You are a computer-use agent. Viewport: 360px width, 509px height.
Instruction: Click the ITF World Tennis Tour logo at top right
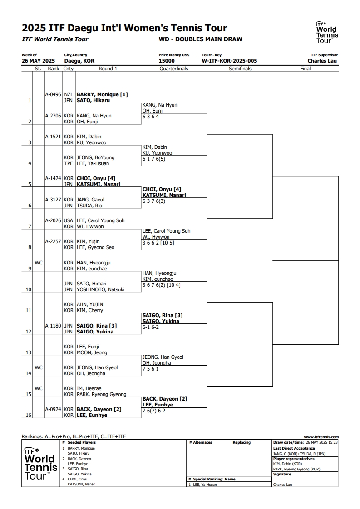[x=327, y=33]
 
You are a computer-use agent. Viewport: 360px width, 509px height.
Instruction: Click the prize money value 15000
[x=167, y=61]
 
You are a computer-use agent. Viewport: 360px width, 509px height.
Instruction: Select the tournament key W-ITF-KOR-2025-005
[x=229, y=61]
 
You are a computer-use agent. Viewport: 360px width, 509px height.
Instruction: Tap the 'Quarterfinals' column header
[x=174, y=69]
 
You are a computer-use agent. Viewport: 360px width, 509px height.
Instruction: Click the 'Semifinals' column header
[x=240, y=69]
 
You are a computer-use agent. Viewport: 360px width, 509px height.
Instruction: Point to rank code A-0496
[x=53, y=94]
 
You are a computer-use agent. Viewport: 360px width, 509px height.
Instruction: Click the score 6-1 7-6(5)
[x=154, y=159]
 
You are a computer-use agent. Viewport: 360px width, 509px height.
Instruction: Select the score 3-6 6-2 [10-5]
[x=158, y=243]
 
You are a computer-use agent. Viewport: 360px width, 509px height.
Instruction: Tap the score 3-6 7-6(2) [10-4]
[x=162, y=285]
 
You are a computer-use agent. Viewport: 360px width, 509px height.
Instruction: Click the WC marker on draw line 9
[x=38, y=263]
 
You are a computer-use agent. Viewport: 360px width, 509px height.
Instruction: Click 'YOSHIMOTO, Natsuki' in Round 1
[x=100, y=289]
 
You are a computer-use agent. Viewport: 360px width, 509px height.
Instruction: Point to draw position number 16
[x=29, y=415]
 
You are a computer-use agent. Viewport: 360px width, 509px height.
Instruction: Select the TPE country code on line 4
[x=69, y=163]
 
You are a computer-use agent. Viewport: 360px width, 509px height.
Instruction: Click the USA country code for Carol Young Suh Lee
[x=69, y=220]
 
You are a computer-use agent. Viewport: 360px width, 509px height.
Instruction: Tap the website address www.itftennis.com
[x=321, y=437]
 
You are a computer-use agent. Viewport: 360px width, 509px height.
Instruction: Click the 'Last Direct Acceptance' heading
[x=294, y=448]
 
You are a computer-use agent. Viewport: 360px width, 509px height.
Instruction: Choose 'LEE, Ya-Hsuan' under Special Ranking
[x=205, y=485]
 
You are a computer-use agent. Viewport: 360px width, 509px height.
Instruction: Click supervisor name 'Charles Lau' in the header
[x=322, y=61]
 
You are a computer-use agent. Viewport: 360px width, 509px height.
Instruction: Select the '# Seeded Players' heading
[x=79, y=442]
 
